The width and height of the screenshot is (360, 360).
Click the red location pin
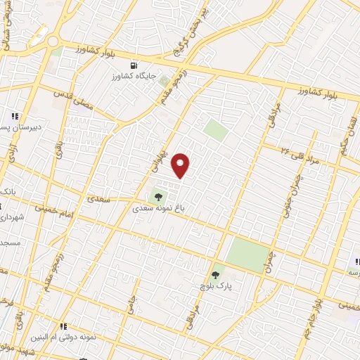[x=181, y=165]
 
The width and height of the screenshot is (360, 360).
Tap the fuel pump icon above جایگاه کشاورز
[x=126, y=65]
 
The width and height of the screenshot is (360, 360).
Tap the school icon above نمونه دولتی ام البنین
[x=64, y=326]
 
